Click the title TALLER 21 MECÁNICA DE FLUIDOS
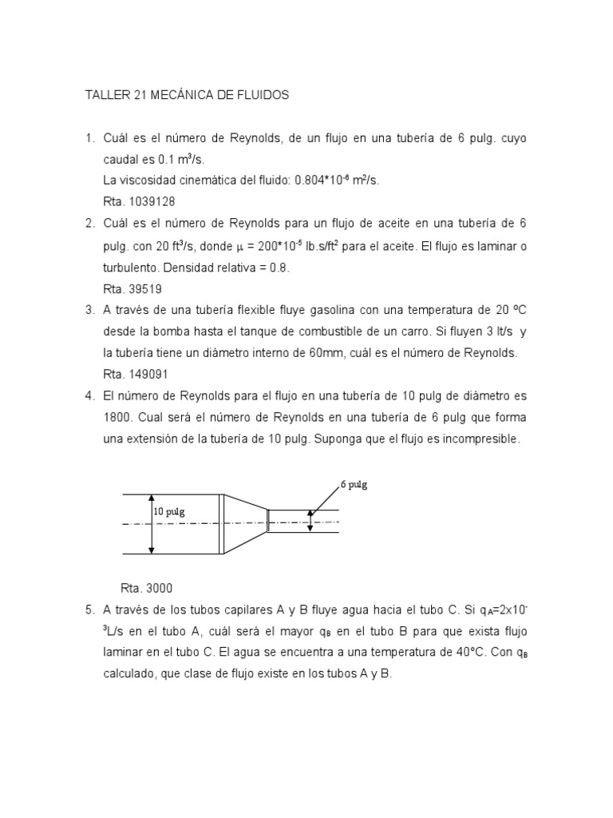tap(187, 95)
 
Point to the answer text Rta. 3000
tap(146, 588)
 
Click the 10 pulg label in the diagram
tap(169, 512)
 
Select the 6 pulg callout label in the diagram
tap(354, 484)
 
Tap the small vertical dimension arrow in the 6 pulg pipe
tap(310, 521)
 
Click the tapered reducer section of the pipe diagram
tap(244, 523)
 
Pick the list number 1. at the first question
tap(90, 138)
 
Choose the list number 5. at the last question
tap(90, 610)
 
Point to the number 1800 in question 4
tap(117, 417)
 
